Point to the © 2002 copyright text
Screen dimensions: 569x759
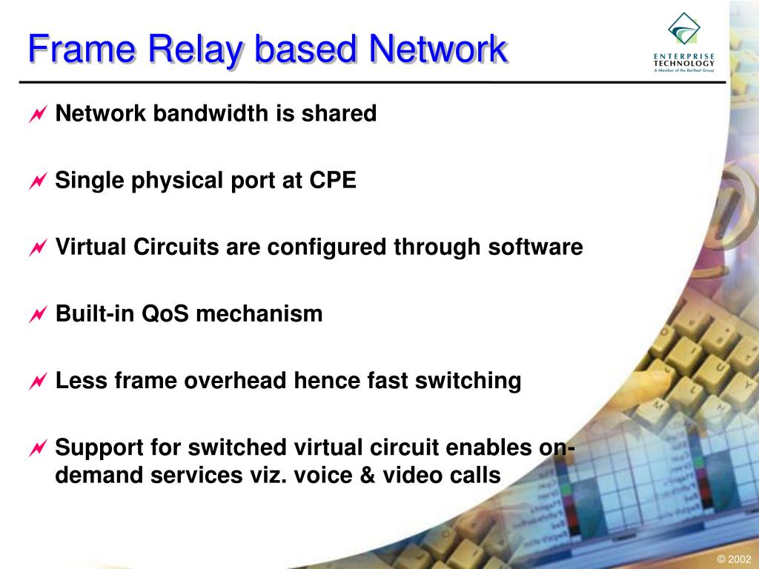coord(735,559)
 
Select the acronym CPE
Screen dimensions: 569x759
coord(333,180)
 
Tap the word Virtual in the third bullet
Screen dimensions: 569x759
coord(91,247)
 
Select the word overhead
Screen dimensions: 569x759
coord(236,380)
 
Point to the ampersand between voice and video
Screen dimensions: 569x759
coord(368,475)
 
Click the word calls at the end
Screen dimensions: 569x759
coord(474,475)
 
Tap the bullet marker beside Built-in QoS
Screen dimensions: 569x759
coord(38,315)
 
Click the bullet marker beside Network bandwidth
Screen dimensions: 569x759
coord(38,115)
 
